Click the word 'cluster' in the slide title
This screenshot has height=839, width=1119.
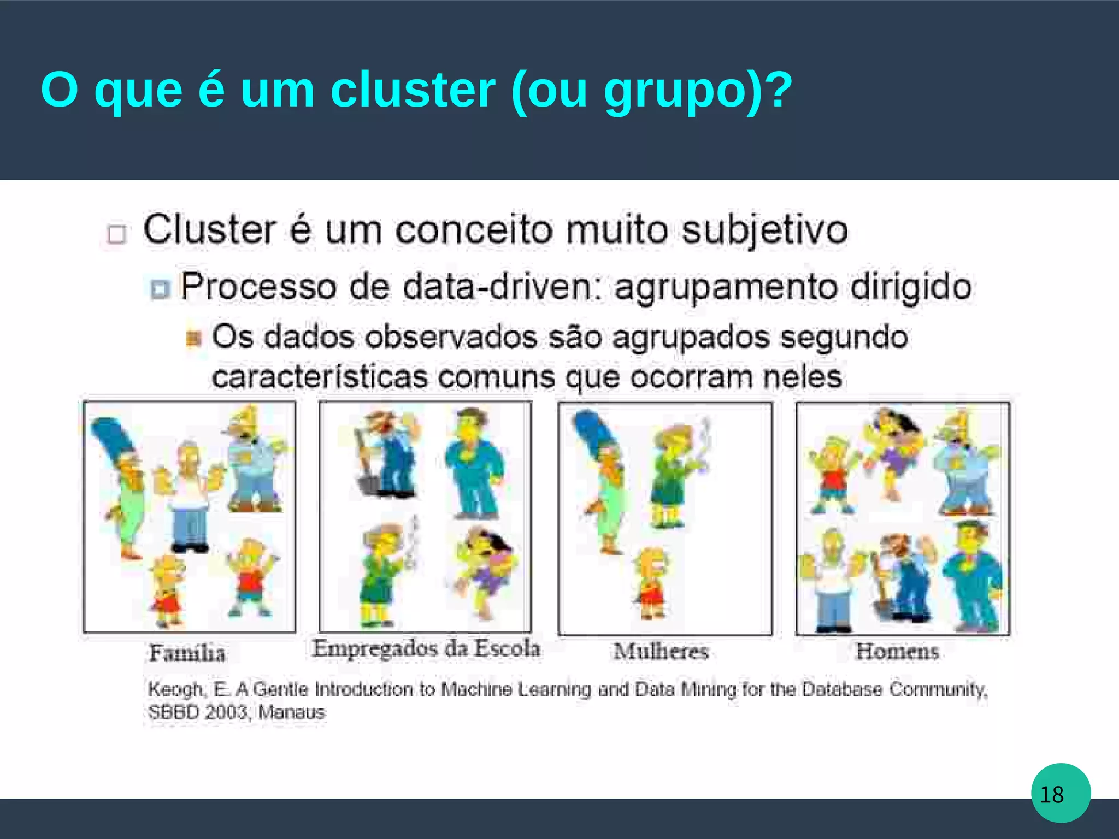[x=413, y=90]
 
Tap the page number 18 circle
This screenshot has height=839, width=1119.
[x=1061, y=793]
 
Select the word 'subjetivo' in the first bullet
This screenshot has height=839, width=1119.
[x=764, y=230]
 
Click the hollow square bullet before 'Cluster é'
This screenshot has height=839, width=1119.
[x=117, y=234]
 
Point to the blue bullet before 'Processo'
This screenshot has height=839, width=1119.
[x=160, y=289]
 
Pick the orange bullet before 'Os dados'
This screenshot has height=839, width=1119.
[x=194, y=338]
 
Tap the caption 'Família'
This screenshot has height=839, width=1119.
[x=187, y=653]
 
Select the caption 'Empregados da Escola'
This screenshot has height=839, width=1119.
[x=426, y=649]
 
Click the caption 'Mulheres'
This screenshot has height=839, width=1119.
[x=661, y=651]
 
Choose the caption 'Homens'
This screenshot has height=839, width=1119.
[x=897, y=651]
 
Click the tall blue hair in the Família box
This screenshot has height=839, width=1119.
[x=112, y=437]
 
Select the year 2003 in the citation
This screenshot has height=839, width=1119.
[x=225, y=713]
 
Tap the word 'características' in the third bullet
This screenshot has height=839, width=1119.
[x=319, y=377]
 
